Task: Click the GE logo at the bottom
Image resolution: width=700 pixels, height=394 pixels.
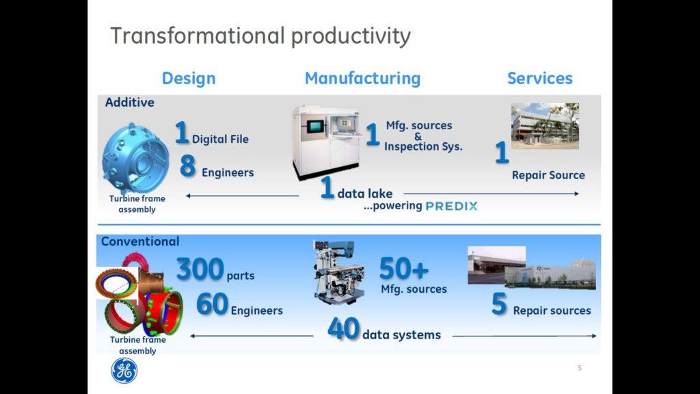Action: [x=124, y=371]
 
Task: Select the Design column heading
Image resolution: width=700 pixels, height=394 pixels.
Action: [x=189, y=78]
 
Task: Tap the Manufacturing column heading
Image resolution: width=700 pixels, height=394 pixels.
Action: [x=362, y=78]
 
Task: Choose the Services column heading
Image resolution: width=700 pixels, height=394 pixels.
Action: [x=540, y=78]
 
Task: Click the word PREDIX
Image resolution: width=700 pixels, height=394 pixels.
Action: [x=451, y=206]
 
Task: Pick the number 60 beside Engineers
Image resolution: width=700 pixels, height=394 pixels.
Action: [x=212, y=304]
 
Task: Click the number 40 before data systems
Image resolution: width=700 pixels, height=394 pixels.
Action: [x=343, y=329]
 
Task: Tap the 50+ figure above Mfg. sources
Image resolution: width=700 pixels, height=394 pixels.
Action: [x=403, y=268]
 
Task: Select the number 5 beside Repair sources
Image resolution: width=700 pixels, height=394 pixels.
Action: [x=499, y=304]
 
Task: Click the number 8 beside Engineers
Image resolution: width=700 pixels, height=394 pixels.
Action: [x=187, y=166]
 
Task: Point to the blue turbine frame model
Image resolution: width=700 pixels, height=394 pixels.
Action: [x=135, y=158]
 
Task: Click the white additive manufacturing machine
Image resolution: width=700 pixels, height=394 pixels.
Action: [x=327, y=142]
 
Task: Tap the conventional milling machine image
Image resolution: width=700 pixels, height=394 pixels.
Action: [x=338, y=272]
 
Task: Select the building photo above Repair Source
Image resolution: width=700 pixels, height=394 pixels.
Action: [x=545, y=126]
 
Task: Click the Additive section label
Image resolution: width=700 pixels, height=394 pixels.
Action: [x=129, y=103]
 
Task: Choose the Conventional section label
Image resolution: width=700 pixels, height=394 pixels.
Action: [x=140, y=241]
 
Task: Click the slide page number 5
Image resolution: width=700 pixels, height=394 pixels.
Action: [x=580, y=368]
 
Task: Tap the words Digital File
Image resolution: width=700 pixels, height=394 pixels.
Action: [x=220, y=140]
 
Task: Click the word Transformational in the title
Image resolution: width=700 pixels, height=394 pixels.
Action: [x=198, y=36]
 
